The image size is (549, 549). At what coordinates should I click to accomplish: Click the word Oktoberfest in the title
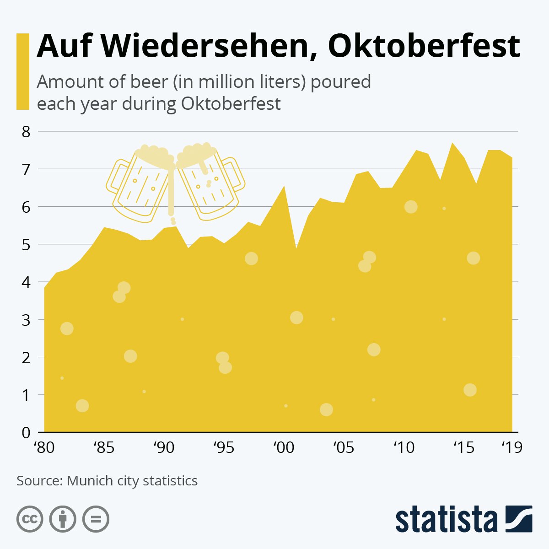click(424, 46)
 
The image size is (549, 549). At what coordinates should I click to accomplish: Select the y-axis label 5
click(26, 244)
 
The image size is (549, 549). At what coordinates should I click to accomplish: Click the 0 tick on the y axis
click(26, 432)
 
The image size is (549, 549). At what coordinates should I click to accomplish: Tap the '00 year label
click(284, 447)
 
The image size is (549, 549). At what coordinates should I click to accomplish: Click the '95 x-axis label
click(224, 447)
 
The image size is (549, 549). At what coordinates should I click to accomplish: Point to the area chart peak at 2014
click(452, 144)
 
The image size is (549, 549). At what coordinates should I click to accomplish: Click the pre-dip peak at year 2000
click(284, 187)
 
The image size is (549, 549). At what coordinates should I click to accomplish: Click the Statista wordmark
click(447, 520)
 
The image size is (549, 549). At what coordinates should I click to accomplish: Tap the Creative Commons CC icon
click(30, 519)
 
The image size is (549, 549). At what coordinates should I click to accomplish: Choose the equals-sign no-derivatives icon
click(96, 519)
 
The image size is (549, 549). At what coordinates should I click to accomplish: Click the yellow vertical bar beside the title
click(23, 71)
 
